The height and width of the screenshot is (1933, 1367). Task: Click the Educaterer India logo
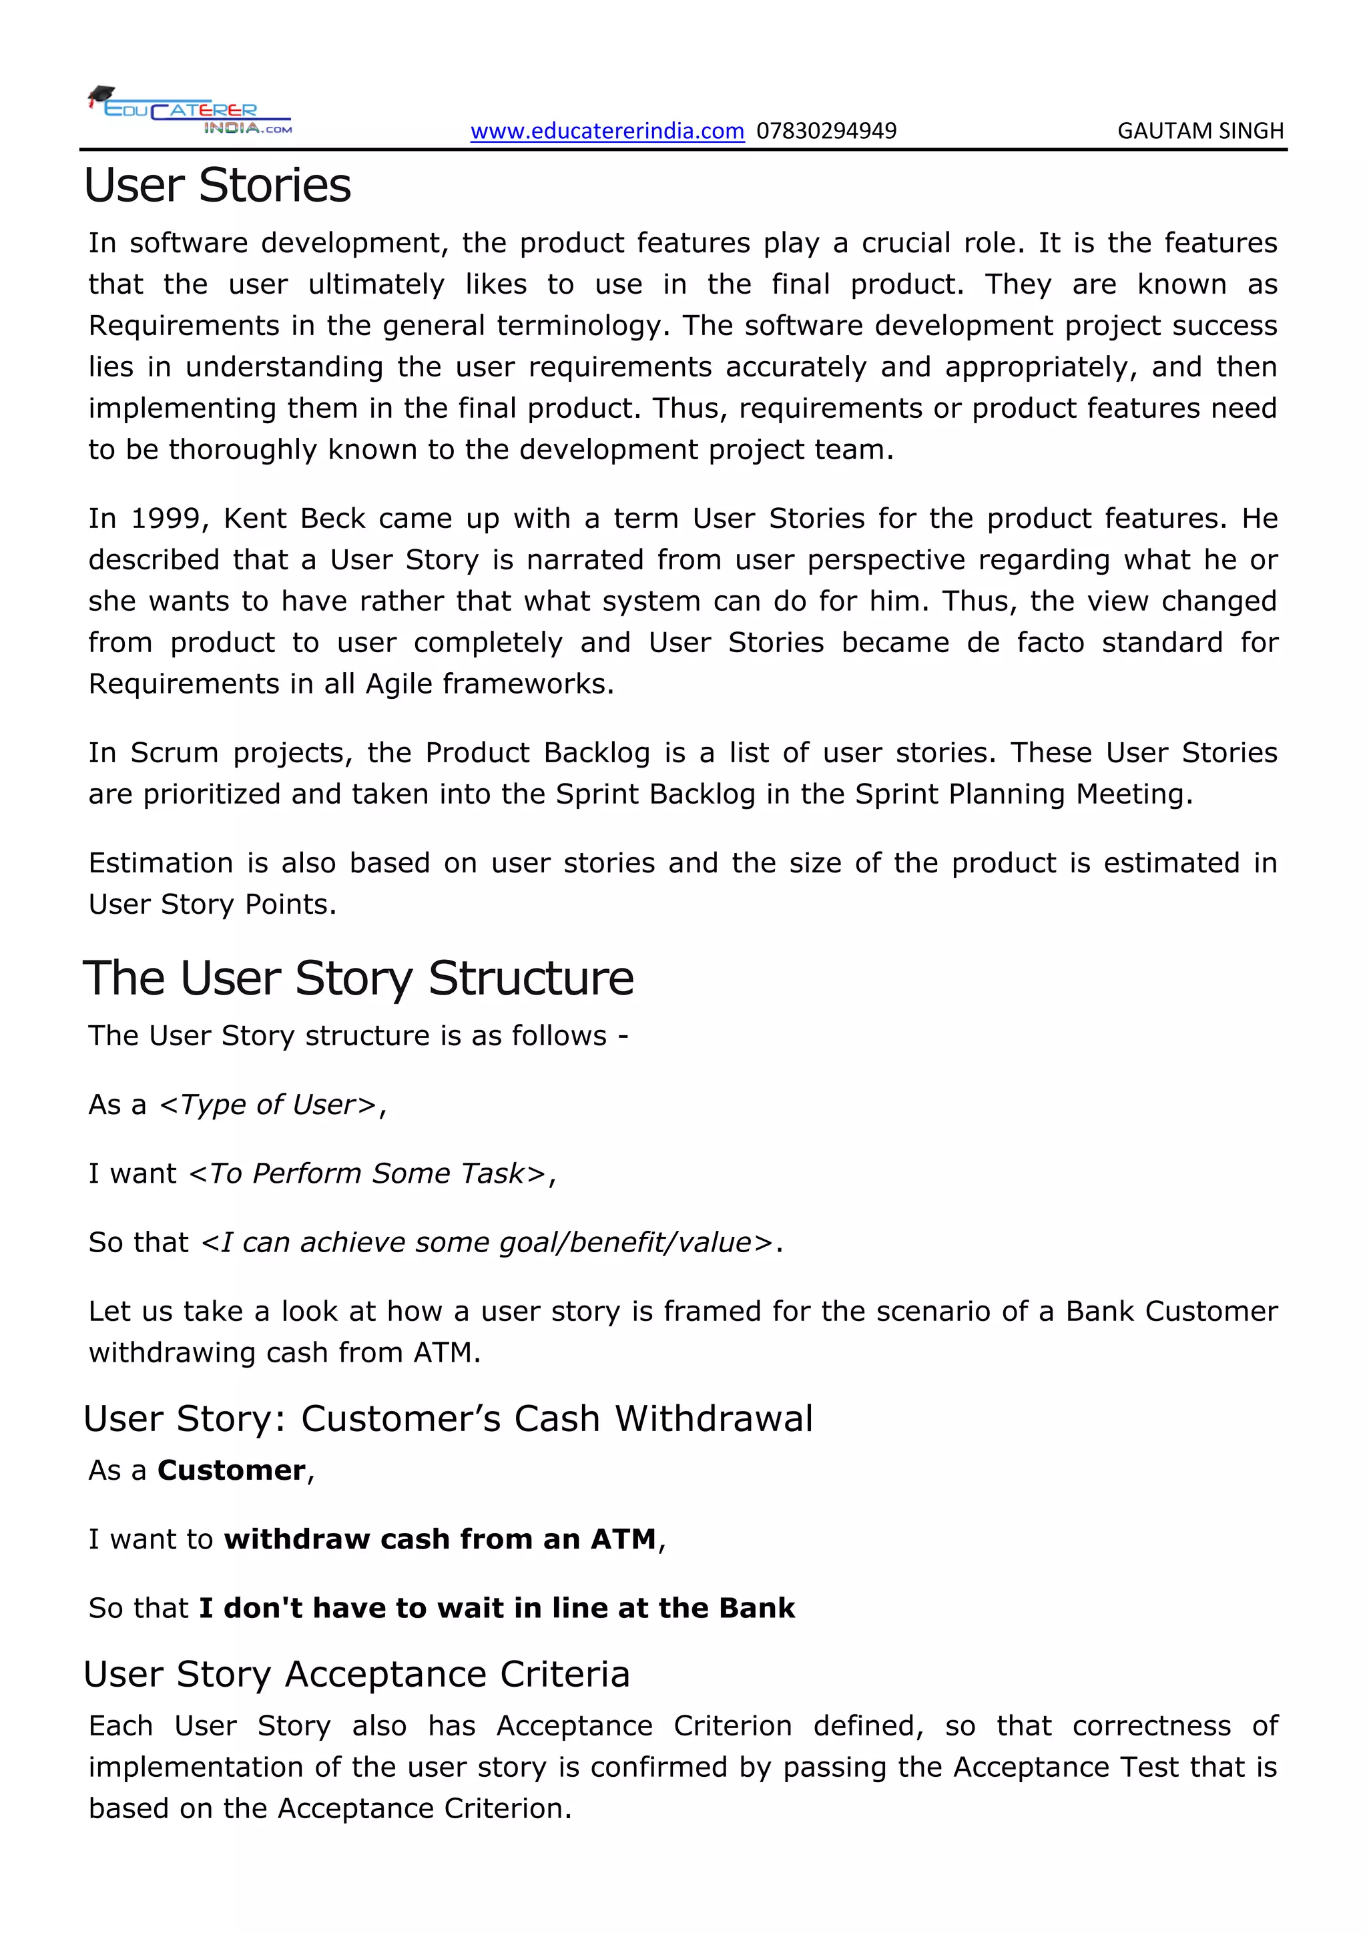click(190, 110)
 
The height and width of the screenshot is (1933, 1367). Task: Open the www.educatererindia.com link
click(607, 131)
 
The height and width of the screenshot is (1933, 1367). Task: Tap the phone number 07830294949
click(826, 131)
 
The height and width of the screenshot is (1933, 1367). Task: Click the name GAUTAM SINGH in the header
click(1199, 131)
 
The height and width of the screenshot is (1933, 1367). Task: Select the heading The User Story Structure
click(358, 979)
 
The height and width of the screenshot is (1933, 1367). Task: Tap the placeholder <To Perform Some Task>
click(367, 1173)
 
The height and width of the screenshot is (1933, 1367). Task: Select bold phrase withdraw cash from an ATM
click(439, 1539)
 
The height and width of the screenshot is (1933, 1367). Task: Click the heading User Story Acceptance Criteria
click(356, 1675)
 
